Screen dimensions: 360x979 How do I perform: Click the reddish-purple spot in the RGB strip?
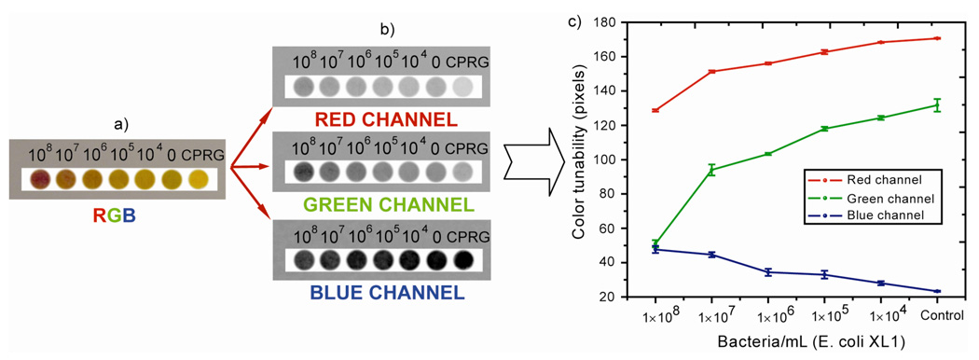click(39, 179)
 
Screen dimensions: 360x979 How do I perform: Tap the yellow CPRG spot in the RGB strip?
click(200, 179)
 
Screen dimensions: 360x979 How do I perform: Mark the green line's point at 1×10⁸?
click(655, 244)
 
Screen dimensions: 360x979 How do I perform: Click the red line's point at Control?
click(937, 38)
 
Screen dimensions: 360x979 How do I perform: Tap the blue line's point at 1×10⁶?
click(768, 272)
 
